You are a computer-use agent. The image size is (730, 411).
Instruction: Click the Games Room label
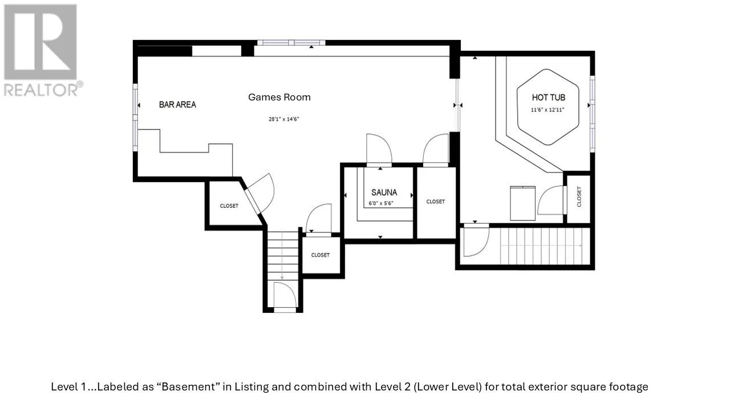click(279, 97)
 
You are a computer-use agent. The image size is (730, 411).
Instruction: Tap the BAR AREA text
click(177, 104)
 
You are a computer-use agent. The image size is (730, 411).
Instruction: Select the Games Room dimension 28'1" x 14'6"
click(283, 119)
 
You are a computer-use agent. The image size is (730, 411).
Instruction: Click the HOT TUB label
click(549, 98)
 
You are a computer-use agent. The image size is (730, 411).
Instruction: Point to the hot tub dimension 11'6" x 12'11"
click(547, 110)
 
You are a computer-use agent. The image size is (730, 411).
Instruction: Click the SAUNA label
click(384, 192)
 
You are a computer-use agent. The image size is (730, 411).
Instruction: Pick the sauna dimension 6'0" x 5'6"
click(381, 204)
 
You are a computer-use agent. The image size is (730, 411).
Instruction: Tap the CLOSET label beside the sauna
click(435, 202)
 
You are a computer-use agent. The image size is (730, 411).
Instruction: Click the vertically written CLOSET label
click(579, 197)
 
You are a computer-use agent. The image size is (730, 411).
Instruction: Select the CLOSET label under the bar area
click(229, 206)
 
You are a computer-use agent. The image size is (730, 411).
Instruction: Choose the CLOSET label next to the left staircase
click(321, 255)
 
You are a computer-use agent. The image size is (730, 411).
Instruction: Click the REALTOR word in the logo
click(40, 90)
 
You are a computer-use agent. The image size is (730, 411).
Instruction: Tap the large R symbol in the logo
click(40, 42)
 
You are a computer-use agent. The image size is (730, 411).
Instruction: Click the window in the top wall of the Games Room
click(291, 43)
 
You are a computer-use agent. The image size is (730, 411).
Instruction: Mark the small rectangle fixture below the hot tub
click(523, 203)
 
